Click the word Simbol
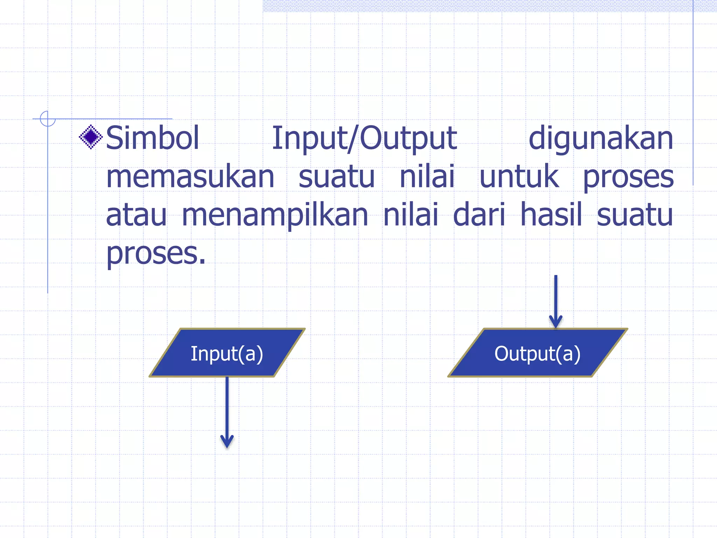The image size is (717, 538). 153,138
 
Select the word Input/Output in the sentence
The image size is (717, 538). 364,138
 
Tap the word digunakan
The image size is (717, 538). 601,138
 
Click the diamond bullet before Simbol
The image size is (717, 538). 91,137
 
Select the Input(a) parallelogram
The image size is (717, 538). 227,353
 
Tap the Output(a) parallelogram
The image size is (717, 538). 538,353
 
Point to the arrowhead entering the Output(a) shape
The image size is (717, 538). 556,322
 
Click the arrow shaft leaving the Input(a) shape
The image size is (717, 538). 227,406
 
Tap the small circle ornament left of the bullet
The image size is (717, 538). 48,119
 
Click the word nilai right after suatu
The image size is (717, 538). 427,177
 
